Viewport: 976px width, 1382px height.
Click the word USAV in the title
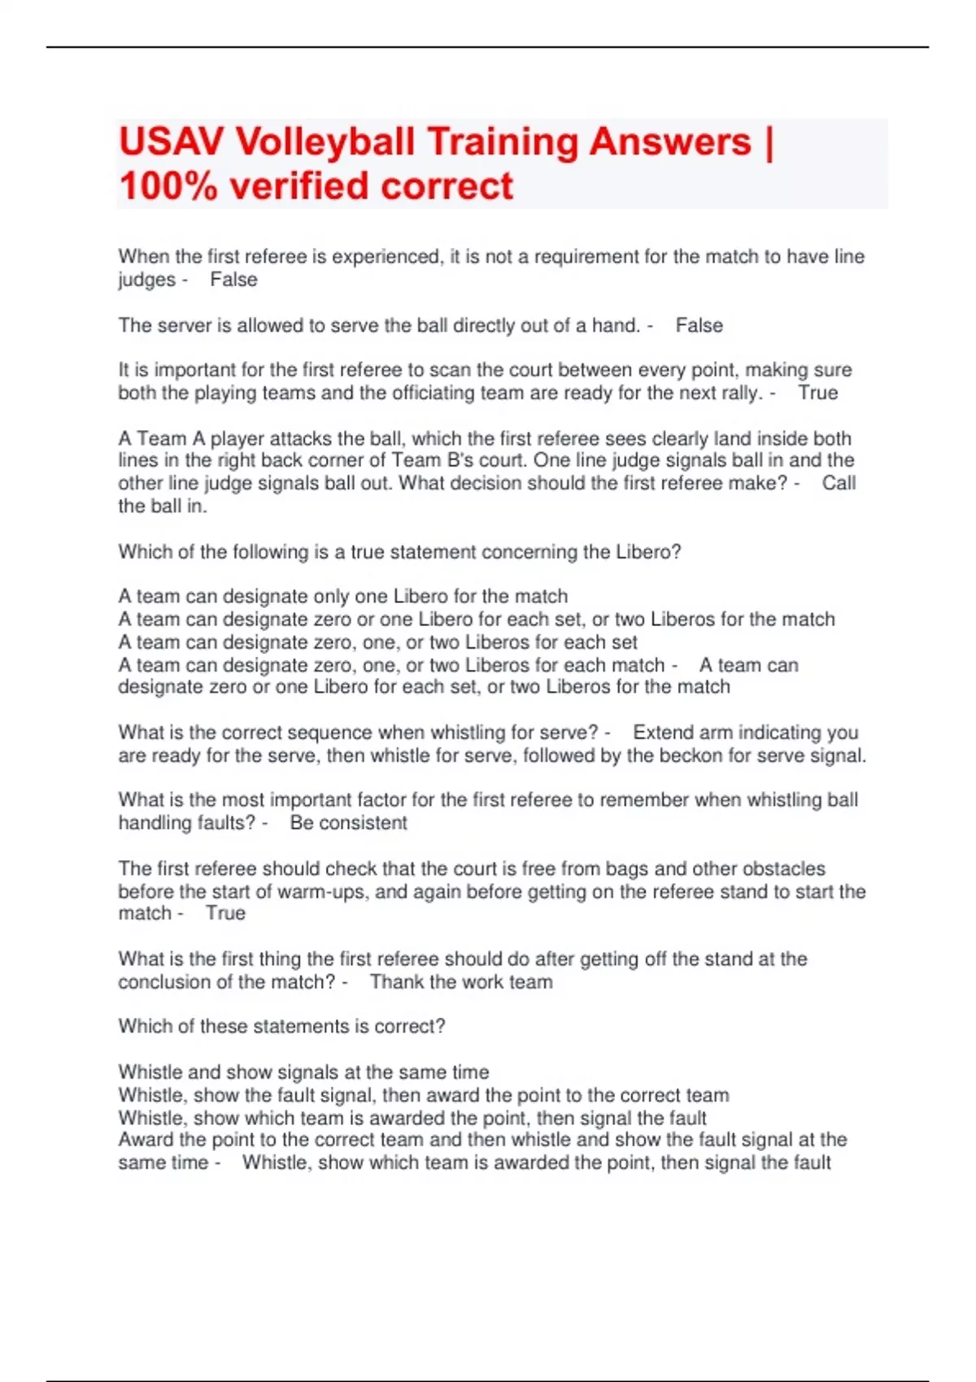click(171, 141)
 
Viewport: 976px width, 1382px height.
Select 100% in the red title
click(168, 186)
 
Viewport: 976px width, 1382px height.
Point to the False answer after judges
click(233, 280)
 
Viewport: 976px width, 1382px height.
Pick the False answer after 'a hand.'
click(699, 325)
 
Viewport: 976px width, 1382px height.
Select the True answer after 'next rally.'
click(817, 393)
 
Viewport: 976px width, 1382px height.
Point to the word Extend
click(663, 732)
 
